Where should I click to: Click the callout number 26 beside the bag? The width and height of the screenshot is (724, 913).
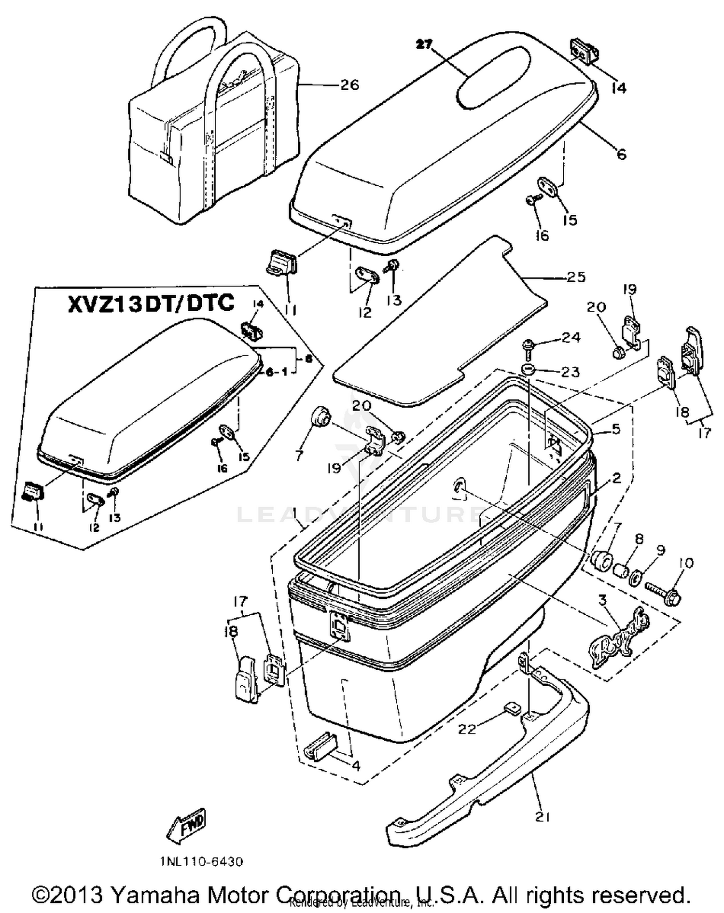[349, 85]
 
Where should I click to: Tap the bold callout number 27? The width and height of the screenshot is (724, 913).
[425, 44]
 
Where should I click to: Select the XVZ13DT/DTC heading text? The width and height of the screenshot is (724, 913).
[151, 304]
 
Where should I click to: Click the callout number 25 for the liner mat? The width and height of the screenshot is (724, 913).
[576, 277]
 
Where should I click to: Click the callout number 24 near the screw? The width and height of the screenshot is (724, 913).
[571, 337]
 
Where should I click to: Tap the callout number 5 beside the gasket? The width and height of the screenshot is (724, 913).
[615, 429]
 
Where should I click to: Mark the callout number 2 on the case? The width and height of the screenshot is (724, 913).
[616, 478]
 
